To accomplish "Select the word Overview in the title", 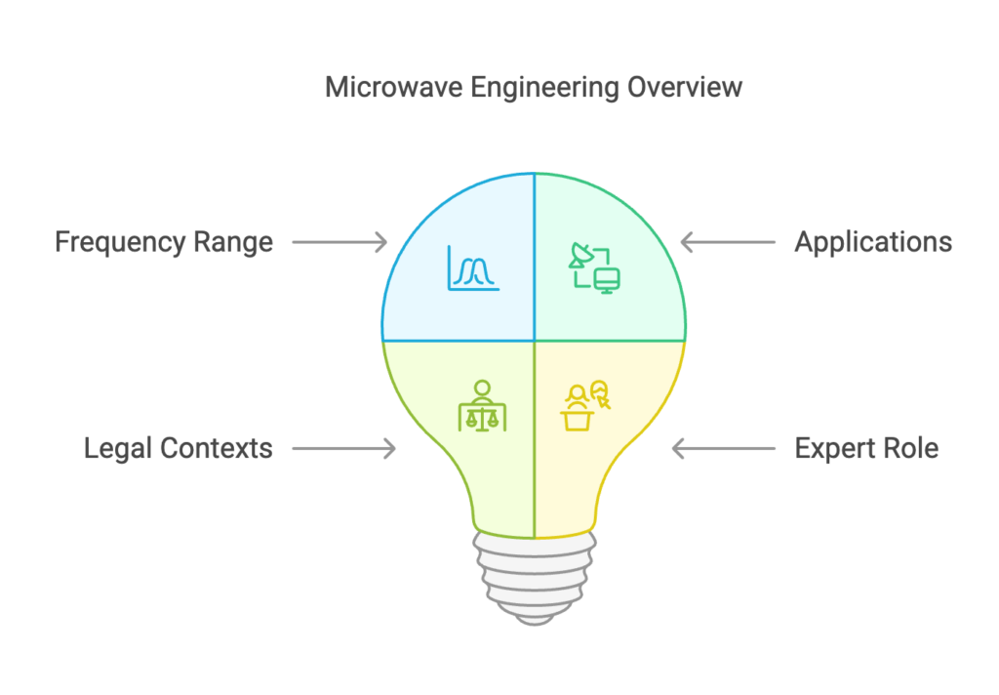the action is pos(685,87).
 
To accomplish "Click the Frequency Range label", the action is pos(164,243).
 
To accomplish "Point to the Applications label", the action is pos(873,243).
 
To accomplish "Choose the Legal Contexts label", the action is pos(179,448).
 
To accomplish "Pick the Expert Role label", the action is pos(866,449).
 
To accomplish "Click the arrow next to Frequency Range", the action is pos(340,242).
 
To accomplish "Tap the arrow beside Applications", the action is pos(728,242).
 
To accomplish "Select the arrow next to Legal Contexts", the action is pos(344,449).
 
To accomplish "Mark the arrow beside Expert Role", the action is pos(724,449).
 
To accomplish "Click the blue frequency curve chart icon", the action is pos(473,268).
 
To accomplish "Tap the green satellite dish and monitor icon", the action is pos(594,267).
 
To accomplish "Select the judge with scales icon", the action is pos(482,406).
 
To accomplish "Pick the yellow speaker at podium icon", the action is pos(585,406).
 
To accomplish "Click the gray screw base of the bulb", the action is pos(535,579).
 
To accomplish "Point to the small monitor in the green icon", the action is pos(607,280).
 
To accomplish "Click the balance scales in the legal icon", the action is pos(482,419).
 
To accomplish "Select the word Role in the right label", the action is pos(911,449).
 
